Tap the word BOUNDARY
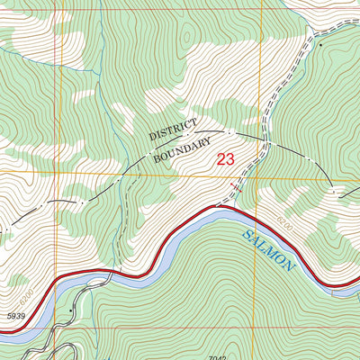[x=182, y=148]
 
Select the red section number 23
[x=226, y=160]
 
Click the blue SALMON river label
[x=269, y=249]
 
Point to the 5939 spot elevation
[x=13, y=317]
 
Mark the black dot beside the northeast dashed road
[x=319, y=42]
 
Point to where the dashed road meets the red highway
[x=216, y=208]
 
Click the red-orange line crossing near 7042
[x=260, y=328]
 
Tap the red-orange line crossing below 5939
[x=60, y=328]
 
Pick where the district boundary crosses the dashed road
[x=265, y=143]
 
